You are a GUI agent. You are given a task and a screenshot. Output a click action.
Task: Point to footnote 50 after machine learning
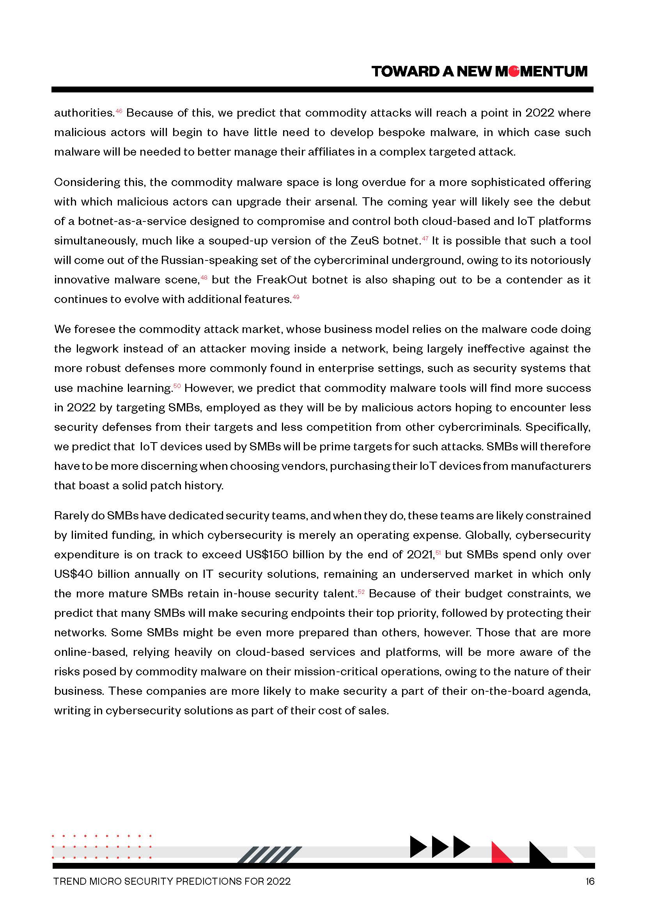coord(177,386)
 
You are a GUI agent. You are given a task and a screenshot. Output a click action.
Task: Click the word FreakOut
coord(282,280)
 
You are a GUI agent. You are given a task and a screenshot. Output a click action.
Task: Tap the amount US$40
coord(73,574)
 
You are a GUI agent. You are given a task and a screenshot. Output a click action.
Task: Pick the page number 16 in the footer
coord(590,882)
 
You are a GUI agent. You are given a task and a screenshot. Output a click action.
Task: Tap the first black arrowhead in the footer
coord(417,846)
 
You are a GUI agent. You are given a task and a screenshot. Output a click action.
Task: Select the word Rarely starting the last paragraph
coord(71,515)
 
